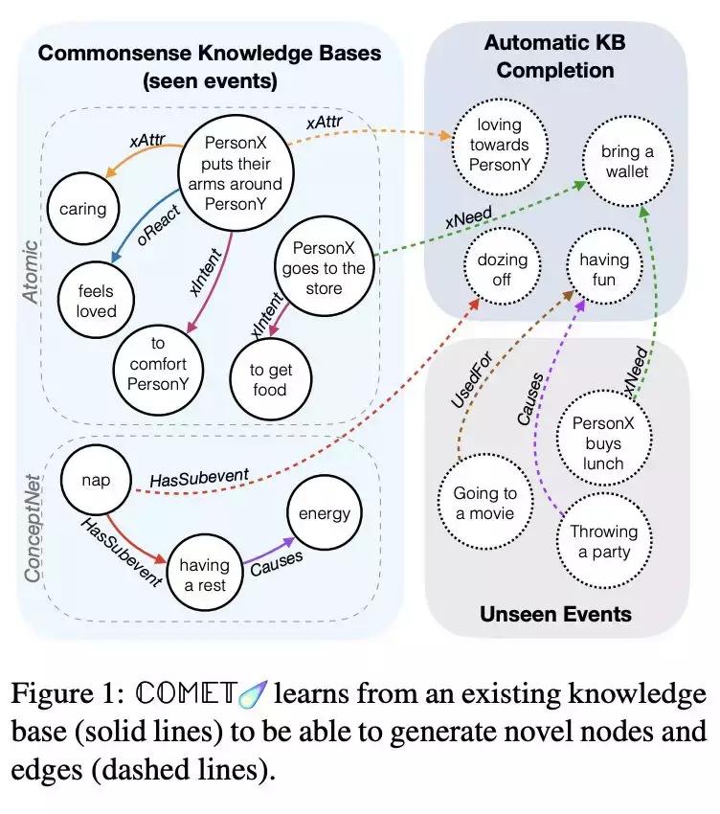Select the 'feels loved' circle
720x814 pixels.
coord(97,300)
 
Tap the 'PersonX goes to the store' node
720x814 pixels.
coord(323,267)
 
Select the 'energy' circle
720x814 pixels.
coord(325,513)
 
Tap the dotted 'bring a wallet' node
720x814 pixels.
coord(626,161)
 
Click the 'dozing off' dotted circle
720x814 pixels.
coord(502,269)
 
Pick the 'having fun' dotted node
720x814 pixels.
coord(603,269)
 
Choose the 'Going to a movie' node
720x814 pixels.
coord(484,504)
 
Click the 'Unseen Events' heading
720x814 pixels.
coord(556,613)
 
